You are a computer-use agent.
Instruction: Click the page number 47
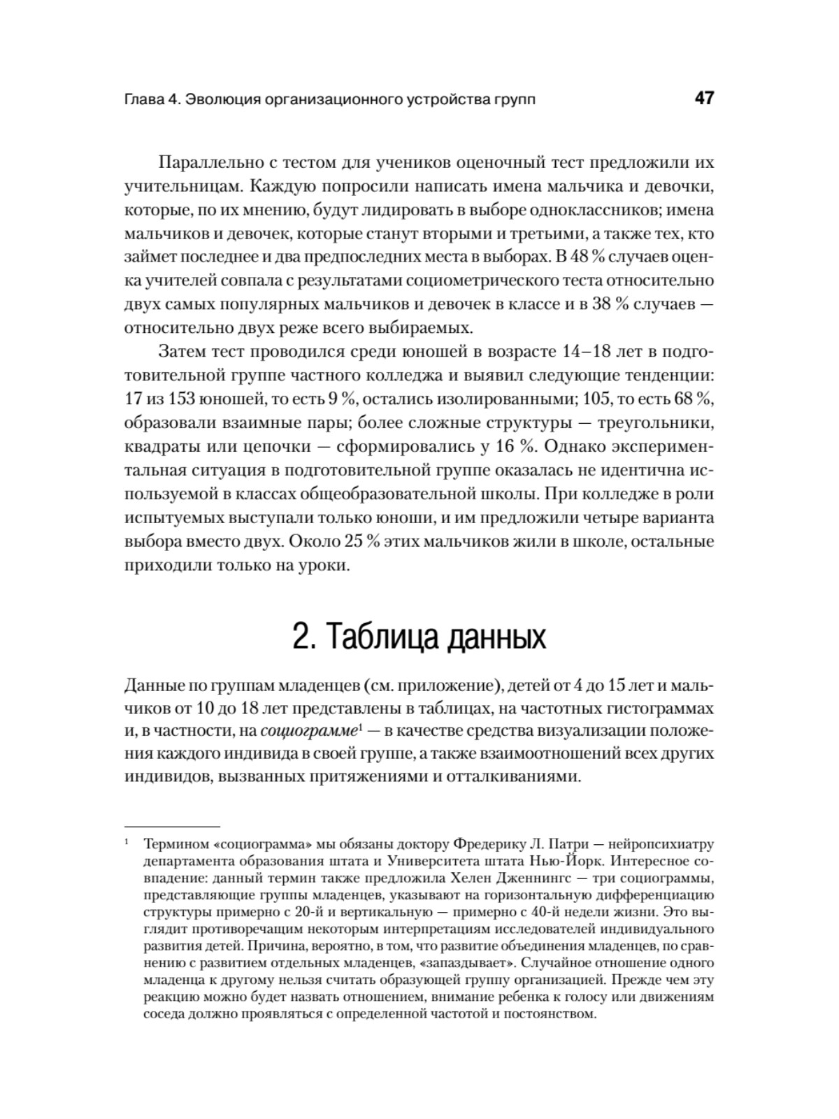(x=704, y=98)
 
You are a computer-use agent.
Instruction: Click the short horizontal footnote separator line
(x=172, y=825)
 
